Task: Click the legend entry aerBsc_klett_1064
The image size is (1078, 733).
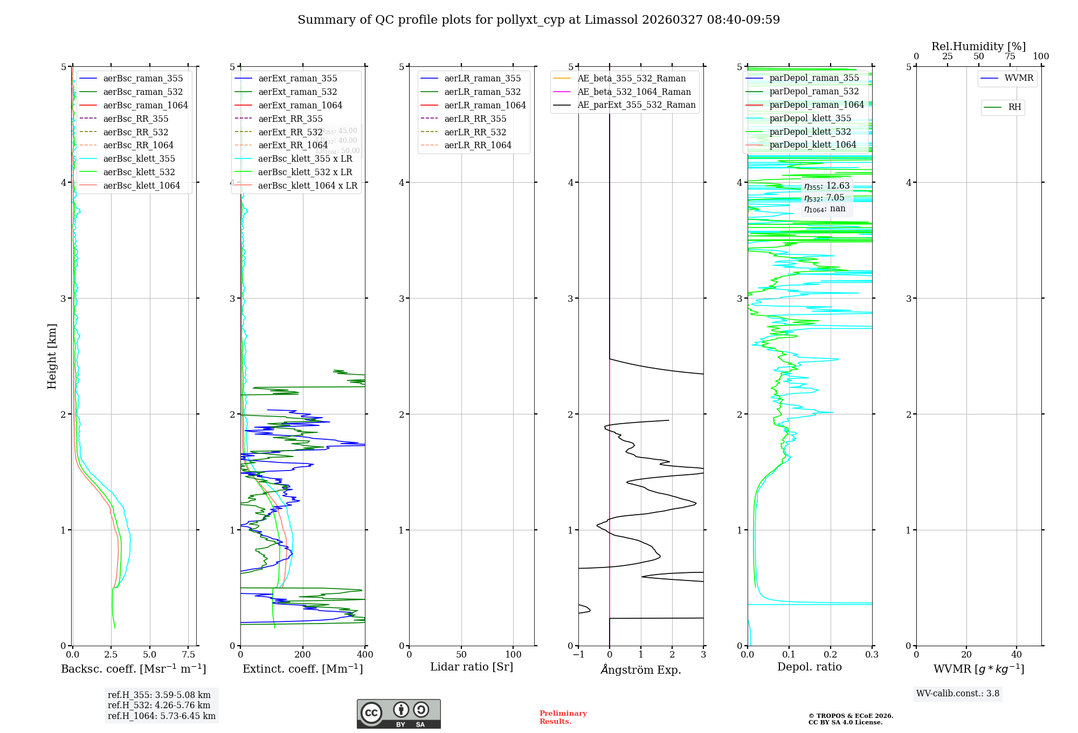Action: tap(141, 185)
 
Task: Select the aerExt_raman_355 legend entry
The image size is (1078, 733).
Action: tap(298, 79)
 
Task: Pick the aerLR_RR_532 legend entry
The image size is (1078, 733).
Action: tap(475, 132)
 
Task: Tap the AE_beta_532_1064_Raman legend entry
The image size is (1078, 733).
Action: tap(634, 92)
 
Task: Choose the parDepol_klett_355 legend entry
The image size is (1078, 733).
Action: tap(810, 118)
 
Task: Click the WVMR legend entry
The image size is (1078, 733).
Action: tap(1019, 78)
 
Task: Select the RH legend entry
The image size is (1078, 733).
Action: tap(1014, 107)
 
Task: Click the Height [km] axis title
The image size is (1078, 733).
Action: tap(52, 356)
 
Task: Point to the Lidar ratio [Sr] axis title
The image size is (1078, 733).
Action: tap(472, 667)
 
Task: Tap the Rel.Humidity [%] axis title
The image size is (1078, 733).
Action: tap(978, 46)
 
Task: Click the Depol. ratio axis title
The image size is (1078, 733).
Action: tap(809, 667)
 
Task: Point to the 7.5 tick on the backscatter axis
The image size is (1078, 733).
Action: tap(189, 655)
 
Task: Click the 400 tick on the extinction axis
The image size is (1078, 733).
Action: tap(365, 655)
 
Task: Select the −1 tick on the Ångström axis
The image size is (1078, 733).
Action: tap(578, 655)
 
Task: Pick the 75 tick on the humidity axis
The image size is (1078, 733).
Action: tap(1010, 57)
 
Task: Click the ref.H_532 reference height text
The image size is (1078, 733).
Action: tap(159, 705)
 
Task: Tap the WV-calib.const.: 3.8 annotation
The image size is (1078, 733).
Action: tap(958, 694)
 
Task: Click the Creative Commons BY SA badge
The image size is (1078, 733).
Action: tap(398, 714)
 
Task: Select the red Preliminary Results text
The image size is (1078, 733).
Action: tap(563, 717)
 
